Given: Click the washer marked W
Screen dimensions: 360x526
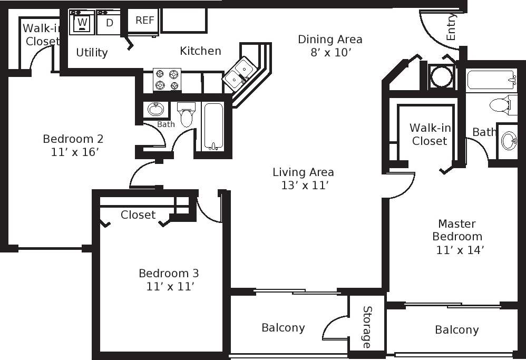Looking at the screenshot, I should click(82, 23).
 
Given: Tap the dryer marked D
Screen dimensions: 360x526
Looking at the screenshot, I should click(109, 23).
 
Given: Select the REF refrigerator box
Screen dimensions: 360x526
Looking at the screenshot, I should click(144, 21).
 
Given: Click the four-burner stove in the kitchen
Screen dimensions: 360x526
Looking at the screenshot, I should click(167, 80).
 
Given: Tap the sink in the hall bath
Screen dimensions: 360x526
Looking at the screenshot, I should click(155, 109).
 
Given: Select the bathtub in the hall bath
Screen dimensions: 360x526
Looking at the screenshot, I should click(213, 127).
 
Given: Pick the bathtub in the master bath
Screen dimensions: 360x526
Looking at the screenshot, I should click(491, 81).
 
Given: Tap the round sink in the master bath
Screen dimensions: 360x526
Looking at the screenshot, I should click(509, 141).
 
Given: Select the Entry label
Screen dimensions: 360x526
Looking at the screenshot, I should click(451, 27).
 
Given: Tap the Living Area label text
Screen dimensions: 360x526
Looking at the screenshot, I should click(303, 172).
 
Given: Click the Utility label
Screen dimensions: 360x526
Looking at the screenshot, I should click(92, 52).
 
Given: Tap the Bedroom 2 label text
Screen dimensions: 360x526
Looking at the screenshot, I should click(73, 139).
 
